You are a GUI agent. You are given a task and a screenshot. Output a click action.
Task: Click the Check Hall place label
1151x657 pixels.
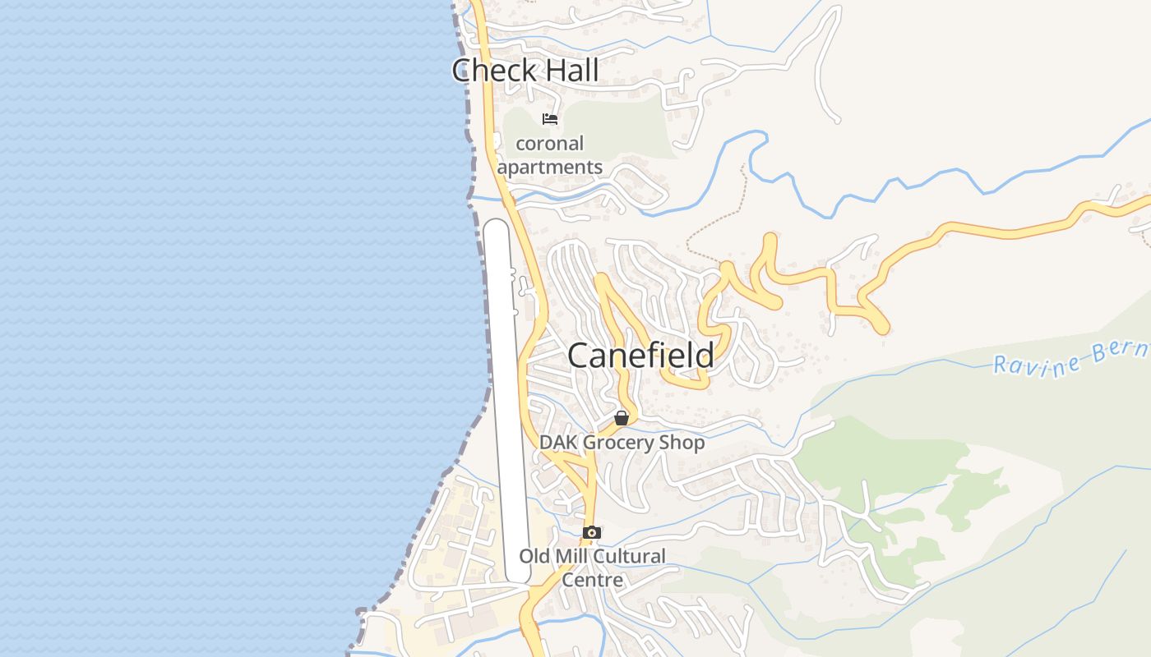point(525,71)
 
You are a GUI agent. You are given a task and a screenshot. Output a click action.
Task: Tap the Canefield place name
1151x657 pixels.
point(640,356)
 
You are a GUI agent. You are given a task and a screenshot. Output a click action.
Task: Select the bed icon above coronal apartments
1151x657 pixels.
point(550,119)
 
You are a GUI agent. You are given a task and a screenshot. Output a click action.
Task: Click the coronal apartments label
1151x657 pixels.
point(550,155)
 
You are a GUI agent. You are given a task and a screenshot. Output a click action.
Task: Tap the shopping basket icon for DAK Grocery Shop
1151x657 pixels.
point(622,418)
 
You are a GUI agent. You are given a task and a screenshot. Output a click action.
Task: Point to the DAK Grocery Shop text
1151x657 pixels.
point(622,443)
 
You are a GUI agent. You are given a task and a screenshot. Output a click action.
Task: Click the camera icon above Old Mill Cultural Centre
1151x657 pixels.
point(591,532)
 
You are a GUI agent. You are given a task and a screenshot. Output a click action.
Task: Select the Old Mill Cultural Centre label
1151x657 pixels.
point(592,567)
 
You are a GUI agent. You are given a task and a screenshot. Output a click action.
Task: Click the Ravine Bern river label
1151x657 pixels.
point(1069,358)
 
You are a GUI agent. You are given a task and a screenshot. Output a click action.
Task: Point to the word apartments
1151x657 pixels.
point(550,168)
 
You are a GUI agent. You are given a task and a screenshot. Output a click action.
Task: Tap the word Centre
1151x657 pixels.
point(592,580)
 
